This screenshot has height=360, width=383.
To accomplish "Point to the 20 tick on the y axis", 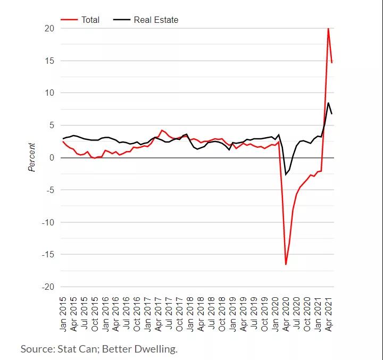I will [x=49, y=28].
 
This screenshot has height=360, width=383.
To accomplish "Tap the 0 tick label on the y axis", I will [x=52, y=157].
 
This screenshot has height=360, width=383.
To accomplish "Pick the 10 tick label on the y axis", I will [x=49, y=93].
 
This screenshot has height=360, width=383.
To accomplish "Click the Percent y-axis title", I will [x=32, y=157].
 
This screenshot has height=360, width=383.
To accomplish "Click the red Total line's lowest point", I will [x=286, y=264].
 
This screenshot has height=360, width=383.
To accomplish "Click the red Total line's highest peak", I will [x=328, y=29].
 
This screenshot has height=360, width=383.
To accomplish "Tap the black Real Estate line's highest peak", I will [x=328, y=103].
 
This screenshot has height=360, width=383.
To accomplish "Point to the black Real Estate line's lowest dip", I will [x=286, y=174].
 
